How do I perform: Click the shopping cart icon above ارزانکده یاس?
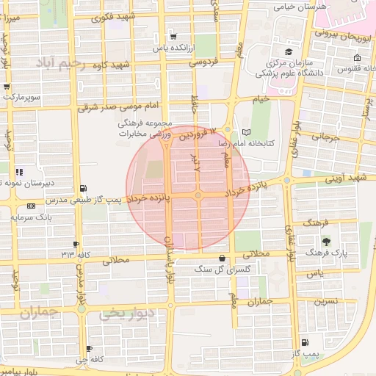[x=172, y=36]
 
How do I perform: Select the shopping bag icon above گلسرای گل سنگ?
[x=223, y=257]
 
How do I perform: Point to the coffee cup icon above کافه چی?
[x=89, y=349]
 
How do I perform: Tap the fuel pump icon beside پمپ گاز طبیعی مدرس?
[x=83, y=188]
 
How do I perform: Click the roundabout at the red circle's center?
[x=198, y=195]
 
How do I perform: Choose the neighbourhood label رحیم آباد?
[x=65, y=65]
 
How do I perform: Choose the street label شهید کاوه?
[x=131, y=65]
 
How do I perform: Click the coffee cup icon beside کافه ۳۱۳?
[x=76, y=245]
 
